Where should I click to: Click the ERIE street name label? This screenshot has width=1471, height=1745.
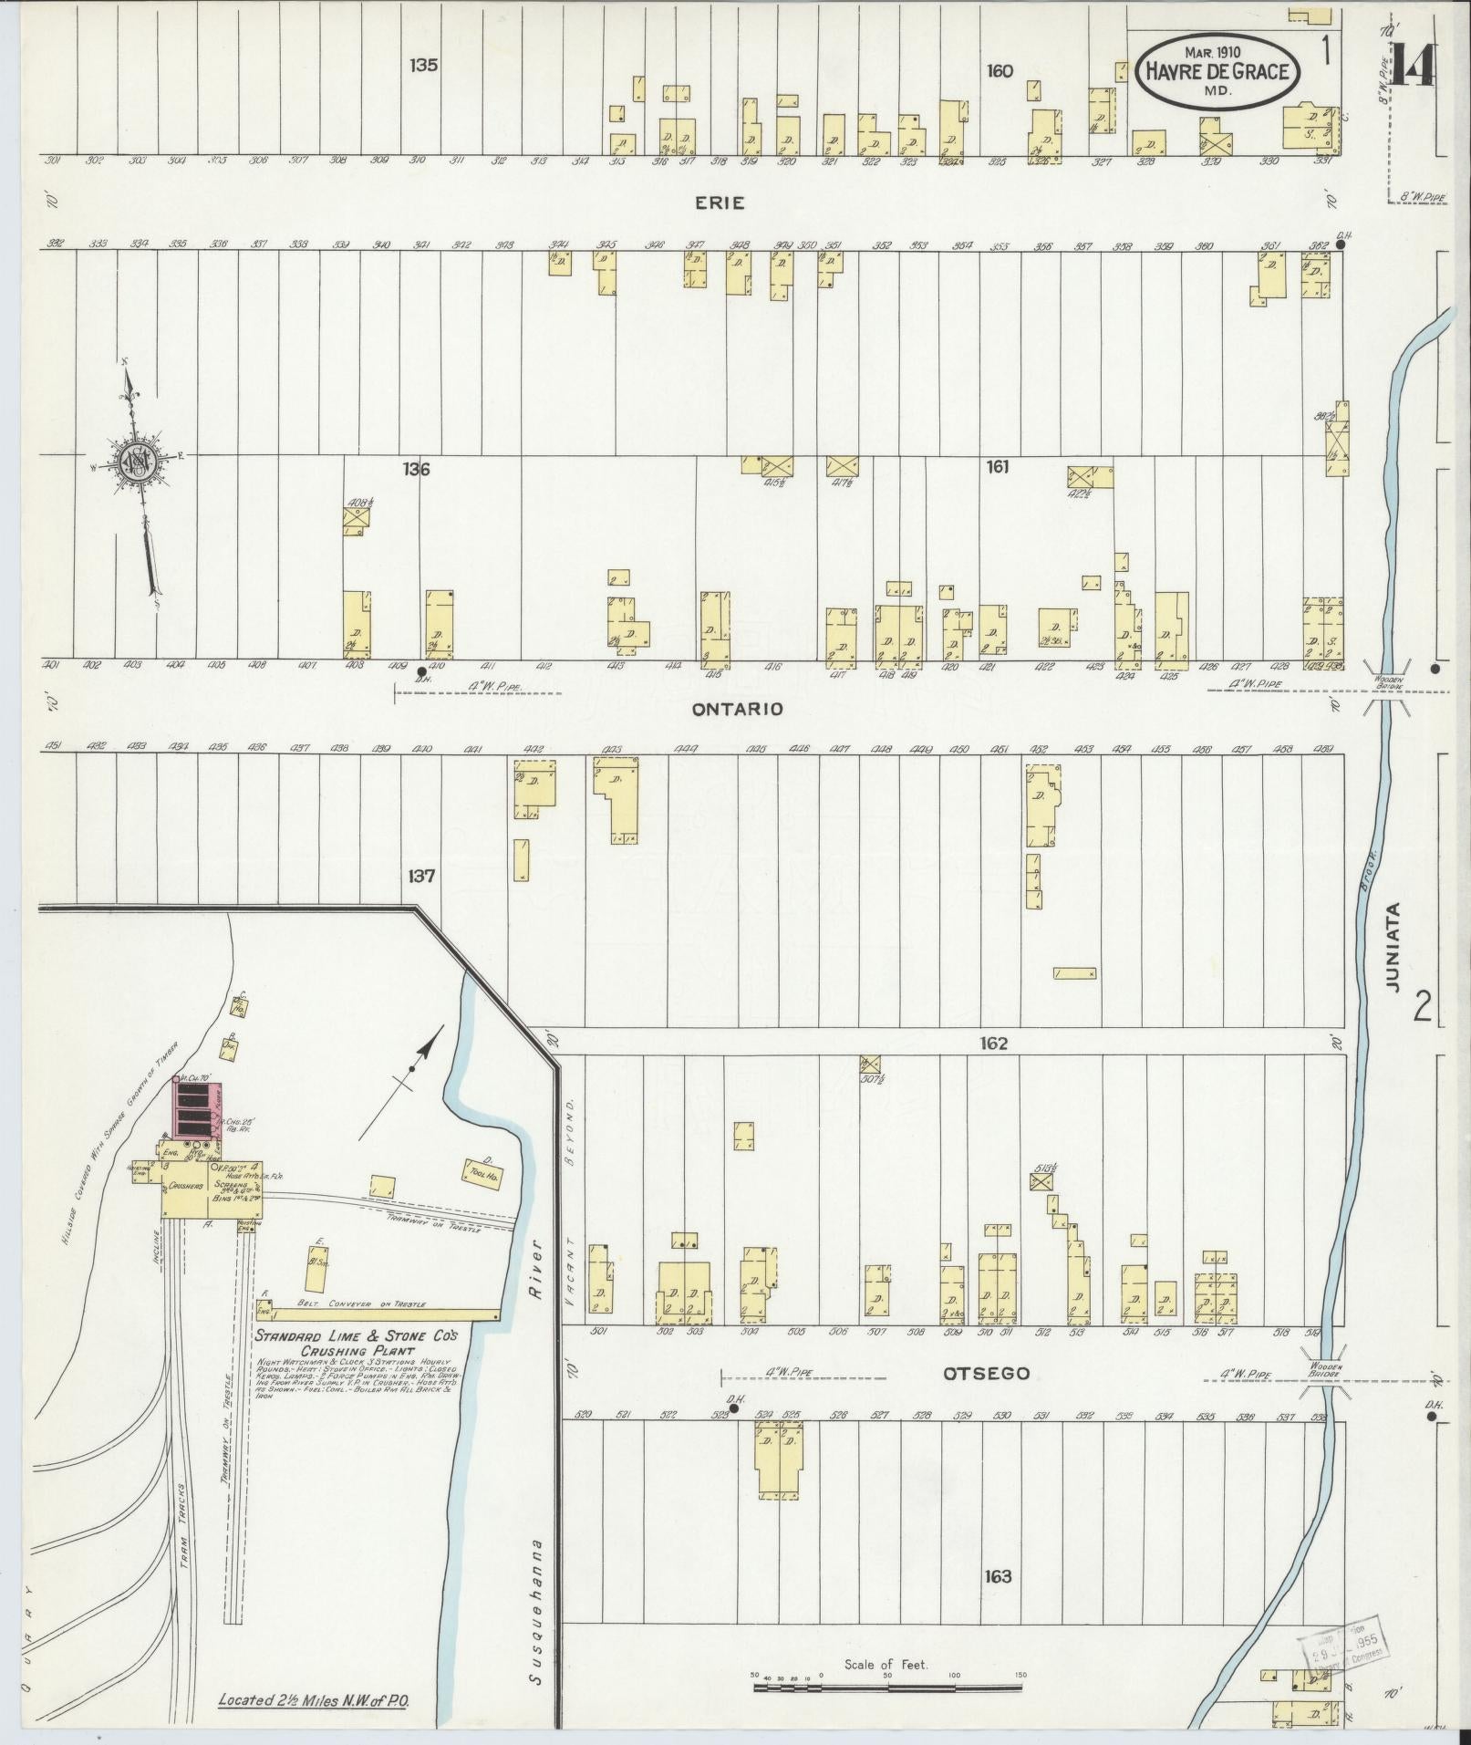coord(720,203)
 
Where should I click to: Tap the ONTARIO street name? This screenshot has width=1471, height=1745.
coord(738,709)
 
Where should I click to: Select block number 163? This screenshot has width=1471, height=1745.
coord(999,1576)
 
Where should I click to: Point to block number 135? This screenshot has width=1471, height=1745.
coord(424,65)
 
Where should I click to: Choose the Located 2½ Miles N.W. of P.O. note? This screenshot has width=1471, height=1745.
coord(326,1700)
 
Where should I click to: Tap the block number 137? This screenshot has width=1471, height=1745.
coord(422,877)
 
